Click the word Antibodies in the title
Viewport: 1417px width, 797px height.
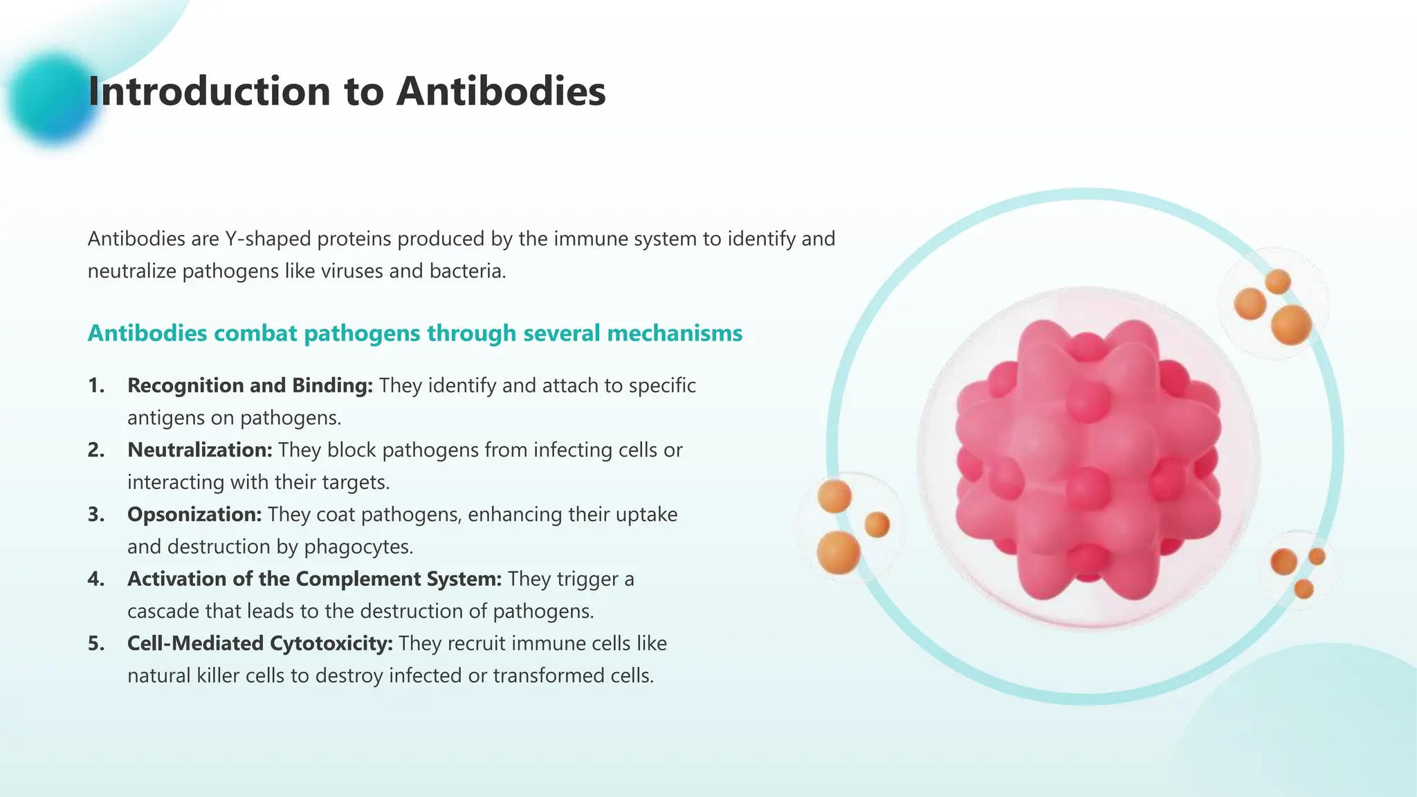[501, 91]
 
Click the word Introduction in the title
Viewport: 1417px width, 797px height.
[209, 91]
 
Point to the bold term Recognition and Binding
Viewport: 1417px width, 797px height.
[250, 385]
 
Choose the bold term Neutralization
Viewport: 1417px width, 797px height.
[200, 450]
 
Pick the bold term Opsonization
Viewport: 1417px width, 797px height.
[194, 514]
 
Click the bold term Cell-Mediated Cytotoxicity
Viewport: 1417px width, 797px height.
[259, 643]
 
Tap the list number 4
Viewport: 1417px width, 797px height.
[96, 579]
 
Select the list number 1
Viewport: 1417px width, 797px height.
[96, 385]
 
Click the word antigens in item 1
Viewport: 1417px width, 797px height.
[163, 418]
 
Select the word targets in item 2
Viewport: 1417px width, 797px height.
[356, 482]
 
